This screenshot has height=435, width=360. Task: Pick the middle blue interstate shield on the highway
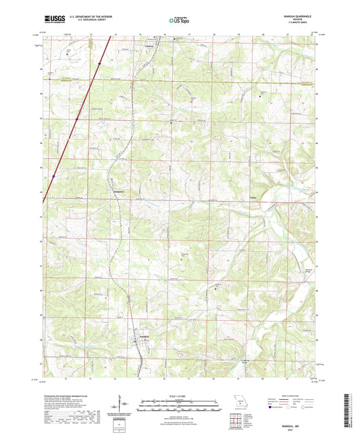pyautogui.click(x=77, y=120)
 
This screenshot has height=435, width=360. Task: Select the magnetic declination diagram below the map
pyautogui.click(x=124, y=403)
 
